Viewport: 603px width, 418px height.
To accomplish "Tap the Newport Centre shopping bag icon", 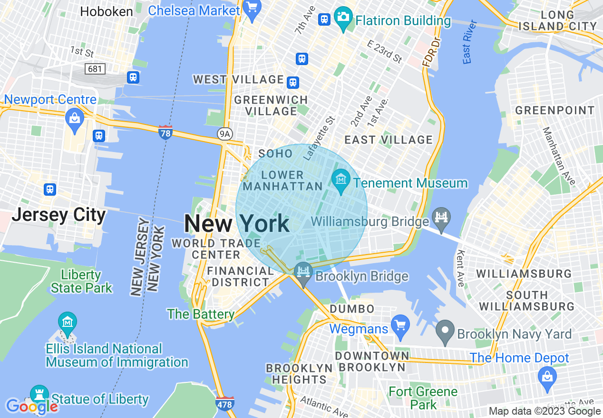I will (x=75, y=116).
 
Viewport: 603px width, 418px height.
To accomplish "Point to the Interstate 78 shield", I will (x=165, y=133).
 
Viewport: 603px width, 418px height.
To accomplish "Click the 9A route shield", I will (x=224, y=134).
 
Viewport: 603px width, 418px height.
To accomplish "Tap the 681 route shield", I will (x=95, y=69).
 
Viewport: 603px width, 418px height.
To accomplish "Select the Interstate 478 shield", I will (x=224, y=404).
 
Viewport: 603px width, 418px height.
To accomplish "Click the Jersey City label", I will (x=58, y=215).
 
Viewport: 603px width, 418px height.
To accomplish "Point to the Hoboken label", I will (x=107, y=11).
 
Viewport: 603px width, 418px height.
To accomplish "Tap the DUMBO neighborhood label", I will (x=353, y=309).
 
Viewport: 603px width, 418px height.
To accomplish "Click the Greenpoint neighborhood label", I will (x=554, y=111).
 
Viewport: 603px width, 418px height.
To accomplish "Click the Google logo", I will (x=32, y=407).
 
